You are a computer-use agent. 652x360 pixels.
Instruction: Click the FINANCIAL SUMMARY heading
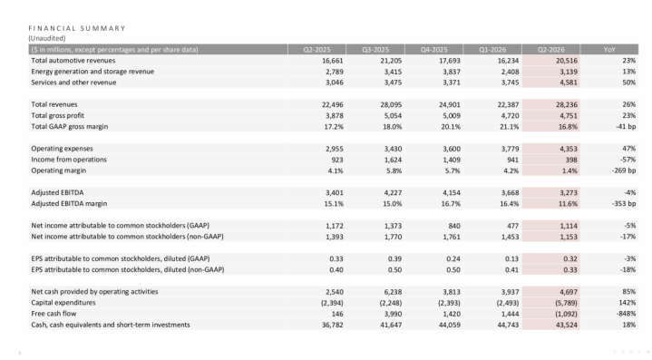tap(77, 28)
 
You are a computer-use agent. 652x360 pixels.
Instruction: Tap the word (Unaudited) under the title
tap(47, 38)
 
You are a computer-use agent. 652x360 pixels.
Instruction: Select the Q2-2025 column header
tap(316, 50)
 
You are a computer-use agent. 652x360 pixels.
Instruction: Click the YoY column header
tap(609, 50)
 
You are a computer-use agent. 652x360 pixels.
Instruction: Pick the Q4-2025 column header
tap(434, 50)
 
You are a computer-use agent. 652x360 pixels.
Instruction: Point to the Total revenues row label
tap(54, 104)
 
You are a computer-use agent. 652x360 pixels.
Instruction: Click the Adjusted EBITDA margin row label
tap(69, 204)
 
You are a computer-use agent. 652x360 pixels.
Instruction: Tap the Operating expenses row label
tap(62, 149)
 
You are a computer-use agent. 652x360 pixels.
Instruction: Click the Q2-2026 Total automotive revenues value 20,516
tap(567, 61)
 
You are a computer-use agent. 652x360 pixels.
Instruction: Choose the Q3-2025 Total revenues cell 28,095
tap(391, 105)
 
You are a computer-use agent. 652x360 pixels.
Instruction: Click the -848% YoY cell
tap(626, 314)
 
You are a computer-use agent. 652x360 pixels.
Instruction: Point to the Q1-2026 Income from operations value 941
tap(512, 160)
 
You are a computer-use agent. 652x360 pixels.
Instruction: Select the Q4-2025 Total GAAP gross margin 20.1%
tap(451, 127)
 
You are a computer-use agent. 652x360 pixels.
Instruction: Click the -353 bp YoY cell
tap(624, 204)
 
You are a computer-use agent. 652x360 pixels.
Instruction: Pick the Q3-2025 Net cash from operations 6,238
tap(392, 292)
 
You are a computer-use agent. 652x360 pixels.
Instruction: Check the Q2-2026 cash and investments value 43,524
tap(567, 325)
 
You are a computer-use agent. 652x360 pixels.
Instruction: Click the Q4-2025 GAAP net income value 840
tap(454, 226)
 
